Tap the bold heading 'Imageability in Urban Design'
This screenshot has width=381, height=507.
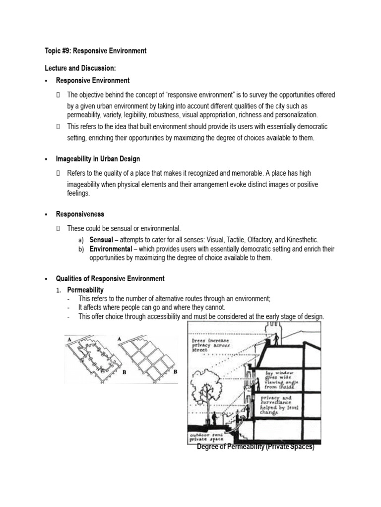pyautogui.click(x=98, y=159)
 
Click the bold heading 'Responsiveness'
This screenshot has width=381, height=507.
pyautogui.click(x=80, y=214)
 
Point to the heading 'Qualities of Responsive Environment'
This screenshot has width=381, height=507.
pyautogui.click(x=110, y=279)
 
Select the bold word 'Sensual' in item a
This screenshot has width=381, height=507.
pyautogui.click(x=101, y=239)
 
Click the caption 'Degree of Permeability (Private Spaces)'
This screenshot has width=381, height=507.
pyautogui.click(x=255, y=447)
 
